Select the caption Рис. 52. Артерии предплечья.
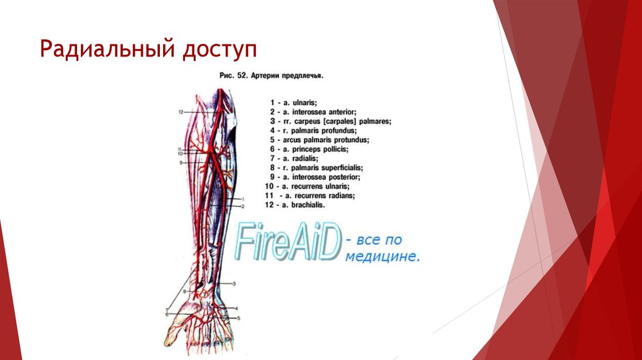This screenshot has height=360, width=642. [271, 75]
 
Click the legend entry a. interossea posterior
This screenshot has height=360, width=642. [313, 177]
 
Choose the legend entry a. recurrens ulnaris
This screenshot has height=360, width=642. [307, 187]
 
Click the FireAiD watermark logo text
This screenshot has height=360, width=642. [288, 243]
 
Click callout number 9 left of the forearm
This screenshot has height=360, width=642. [179, 162]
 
